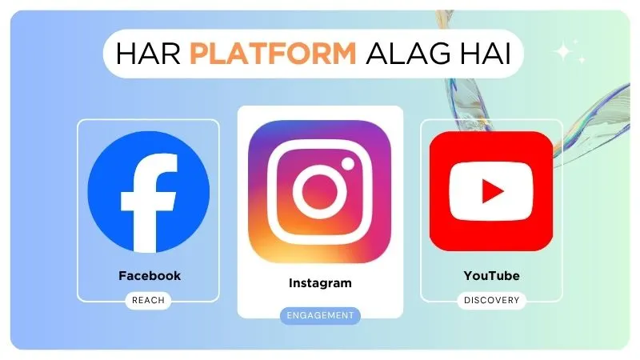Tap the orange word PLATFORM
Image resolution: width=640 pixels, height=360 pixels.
[274, 54]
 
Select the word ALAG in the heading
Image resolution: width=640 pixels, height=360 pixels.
[410, 54]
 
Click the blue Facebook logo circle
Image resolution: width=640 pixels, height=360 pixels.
[148, 192]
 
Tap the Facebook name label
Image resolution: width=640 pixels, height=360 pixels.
[150, 276]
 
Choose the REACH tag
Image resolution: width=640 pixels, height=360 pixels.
[148, 301]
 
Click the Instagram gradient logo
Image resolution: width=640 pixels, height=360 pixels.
[320, 192]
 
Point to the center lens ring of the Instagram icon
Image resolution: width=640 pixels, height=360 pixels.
[319, 192]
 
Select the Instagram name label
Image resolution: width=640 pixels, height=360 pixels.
[320, 283]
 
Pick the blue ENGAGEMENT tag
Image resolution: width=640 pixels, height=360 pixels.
[320, 315]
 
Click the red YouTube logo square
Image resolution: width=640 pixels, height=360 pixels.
[491, 192]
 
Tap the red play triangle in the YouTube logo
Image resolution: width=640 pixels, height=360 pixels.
[493, 192]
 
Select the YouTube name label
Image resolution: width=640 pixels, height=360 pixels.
[491, 276]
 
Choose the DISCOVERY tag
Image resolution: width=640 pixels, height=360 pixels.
[491, 301]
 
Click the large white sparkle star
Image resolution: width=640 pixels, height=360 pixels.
[565, 52]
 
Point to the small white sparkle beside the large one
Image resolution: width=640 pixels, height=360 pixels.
[582, 59]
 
